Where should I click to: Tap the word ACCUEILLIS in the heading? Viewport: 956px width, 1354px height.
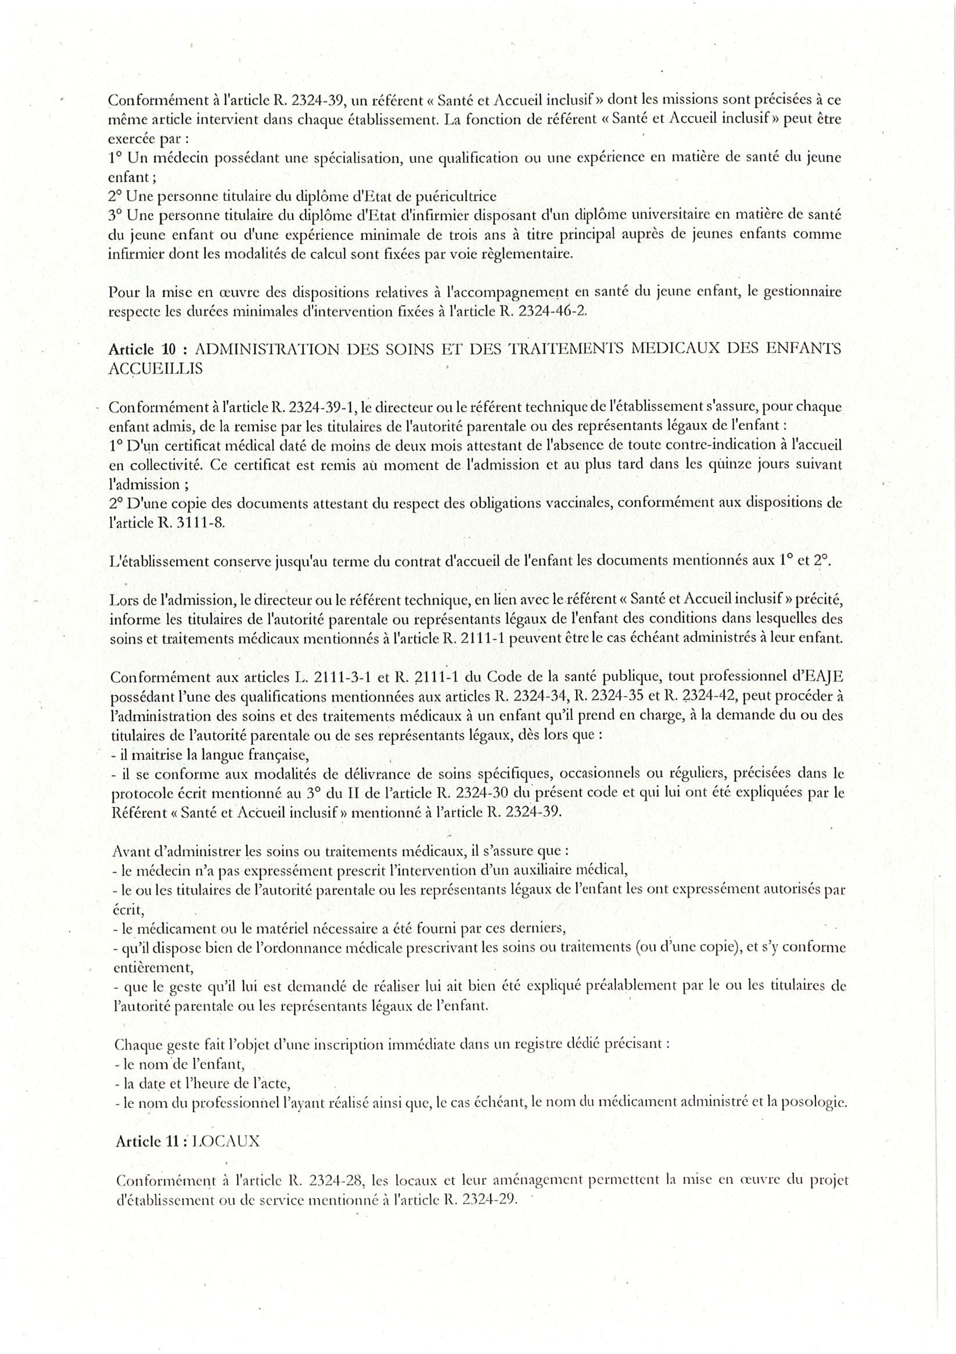(x=156, y=369)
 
